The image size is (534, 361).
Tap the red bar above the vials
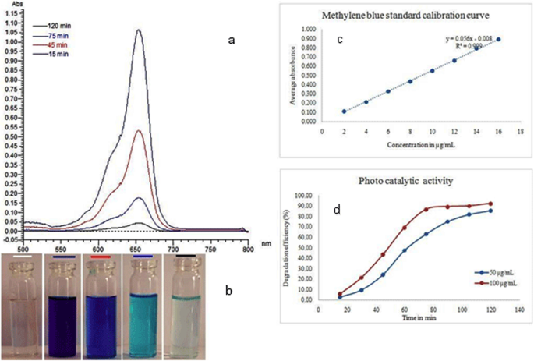click(x=115, y=254)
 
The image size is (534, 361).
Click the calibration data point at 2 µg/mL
click(x=344, y=111)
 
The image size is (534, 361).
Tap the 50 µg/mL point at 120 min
click(x=490, y=211)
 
